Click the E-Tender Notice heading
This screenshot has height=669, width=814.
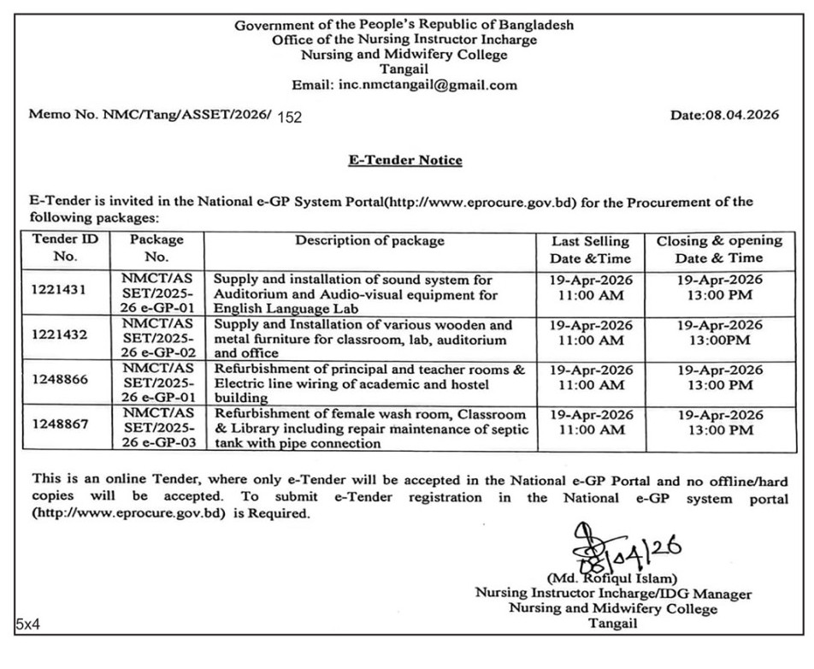pos(405,160)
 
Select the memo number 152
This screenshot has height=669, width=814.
pos(290,117)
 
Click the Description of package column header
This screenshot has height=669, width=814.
pos(370,240)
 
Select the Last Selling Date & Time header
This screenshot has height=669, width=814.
pos(590,249)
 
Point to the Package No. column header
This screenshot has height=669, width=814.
pos(156,248)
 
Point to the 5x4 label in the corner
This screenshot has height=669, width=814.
pos(27,625)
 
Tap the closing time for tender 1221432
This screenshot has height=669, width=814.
pos(719,333)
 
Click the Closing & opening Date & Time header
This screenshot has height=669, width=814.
pos(719,249)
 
